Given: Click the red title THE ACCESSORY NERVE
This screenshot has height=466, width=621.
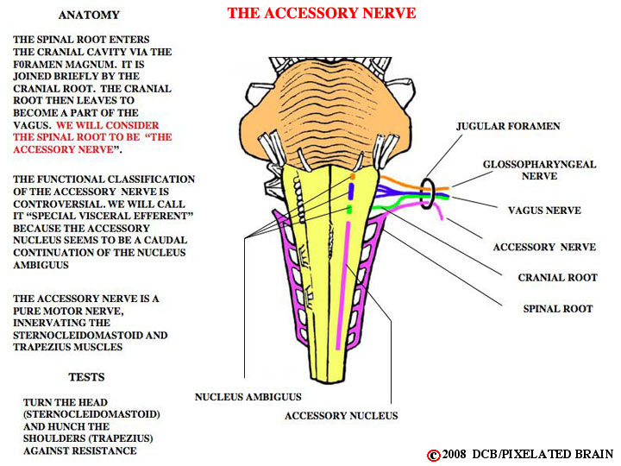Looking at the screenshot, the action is pos(321,13).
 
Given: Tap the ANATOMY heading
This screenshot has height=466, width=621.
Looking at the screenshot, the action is pos(89,15).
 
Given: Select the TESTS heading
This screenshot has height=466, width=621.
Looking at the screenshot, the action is pos(86,377).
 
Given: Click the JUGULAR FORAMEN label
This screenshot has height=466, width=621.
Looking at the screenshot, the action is pos(508,126).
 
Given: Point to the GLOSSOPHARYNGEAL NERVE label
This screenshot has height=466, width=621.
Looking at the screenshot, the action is pos(539,170).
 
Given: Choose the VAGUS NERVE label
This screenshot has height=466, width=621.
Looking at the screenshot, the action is pos(544,211).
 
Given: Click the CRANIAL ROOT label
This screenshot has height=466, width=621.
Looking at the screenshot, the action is pos(558,277).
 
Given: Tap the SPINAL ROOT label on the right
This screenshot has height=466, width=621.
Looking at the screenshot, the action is pos(558,309).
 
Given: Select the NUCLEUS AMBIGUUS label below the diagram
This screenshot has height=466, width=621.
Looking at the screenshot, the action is pos(248,397).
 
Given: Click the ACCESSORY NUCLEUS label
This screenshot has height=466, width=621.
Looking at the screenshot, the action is pos(341,416).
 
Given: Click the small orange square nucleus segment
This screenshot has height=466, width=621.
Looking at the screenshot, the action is pos(353,176).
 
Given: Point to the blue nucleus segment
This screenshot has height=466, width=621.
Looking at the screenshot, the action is pos(351,191).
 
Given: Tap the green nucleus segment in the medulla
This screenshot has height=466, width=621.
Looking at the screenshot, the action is pos(349,210).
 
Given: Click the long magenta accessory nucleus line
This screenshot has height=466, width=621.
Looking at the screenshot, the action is pos(343,286).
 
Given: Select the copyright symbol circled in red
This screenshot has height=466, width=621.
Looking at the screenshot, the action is pos(433,456).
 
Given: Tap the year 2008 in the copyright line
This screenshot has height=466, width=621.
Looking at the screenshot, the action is pos(454,454).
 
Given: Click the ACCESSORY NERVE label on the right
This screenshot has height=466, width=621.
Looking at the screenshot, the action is pos(544,248).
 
